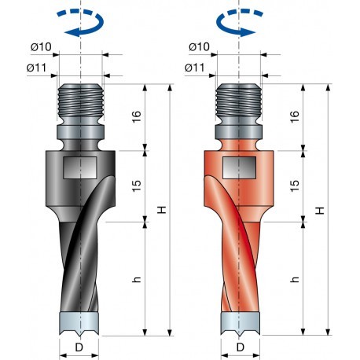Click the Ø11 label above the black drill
point(39,68)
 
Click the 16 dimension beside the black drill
point(135,117)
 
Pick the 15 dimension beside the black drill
point(135,186)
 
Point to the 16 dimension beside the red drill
point(294,117)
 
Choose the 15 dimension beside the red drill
point(294,186)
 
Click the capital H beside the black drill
point(161,211)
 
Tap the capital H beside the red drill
point(320,211)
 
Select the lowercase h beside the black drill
point(135,280)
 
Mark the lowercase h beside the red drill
point(294,280)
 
